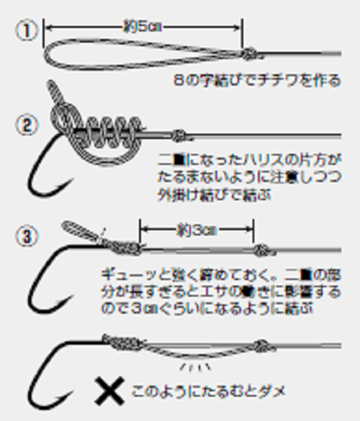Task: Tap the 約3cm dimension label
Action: [x=196, y=230]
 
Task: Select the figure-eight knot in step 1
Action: [x=249, y=53]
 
